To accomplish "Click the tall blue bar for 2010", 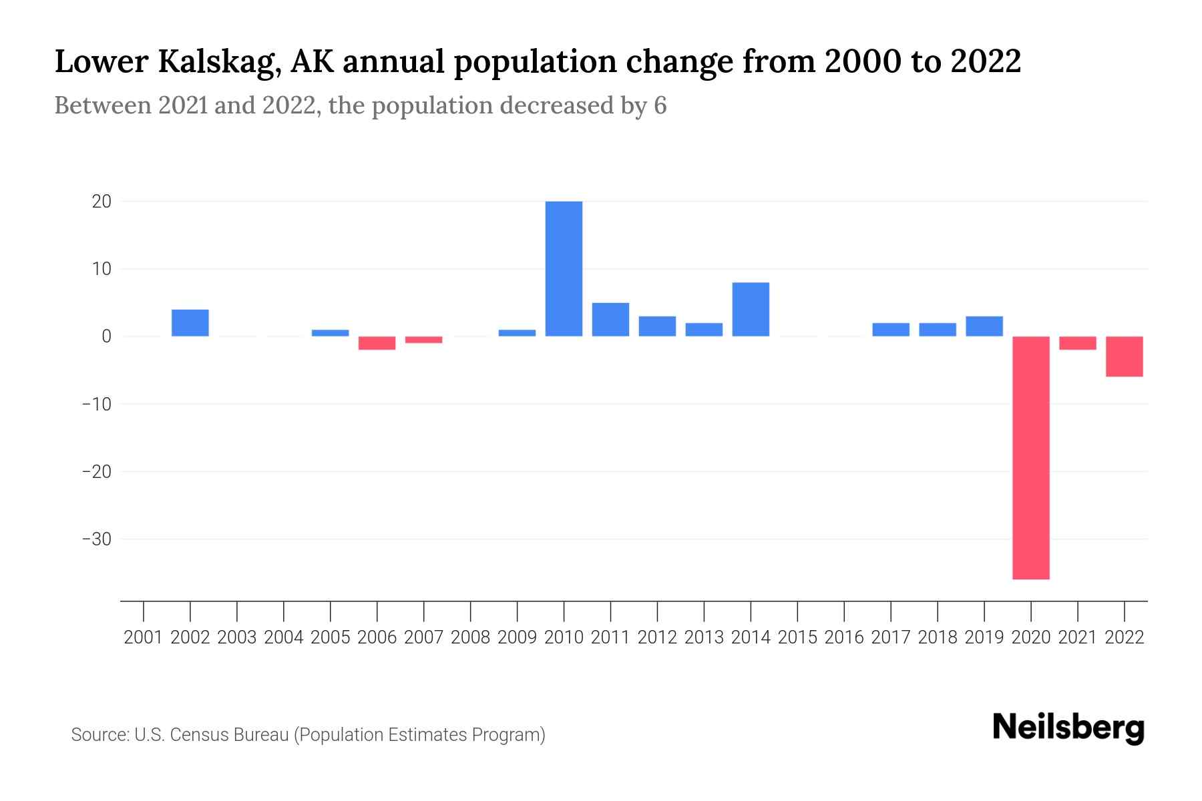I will click(564, 268).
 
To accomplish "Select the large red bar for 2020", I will click(1030, 457).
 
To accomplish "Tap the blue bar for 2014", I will click(751, 309).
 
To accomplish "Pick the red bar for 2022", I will click(1124, 356).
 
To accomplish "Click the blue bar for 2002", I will click(190, 322).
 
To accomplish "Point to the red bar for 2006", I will click(377, 343).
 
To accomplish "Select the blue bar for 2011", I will click(610, 319).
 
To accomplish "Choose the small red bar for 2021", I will click(1077, 343).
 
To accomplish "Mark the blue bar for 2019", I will click(984, 326).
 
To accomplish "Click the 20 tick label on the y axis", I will click(102, 201).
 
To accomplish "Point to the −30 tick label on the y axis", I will click(96, 539).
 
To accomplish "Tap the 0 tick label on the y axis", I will click(106, 336).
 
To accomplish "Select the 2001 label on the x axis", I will click(144, 637).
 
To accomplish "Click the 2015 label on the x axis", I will click(797, 637).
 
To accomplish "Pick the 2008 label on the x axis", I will click(471, 637).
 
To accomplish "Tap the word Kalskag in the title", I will click(217, 62).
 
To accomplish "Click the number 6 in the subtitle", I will click(660, 106).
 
